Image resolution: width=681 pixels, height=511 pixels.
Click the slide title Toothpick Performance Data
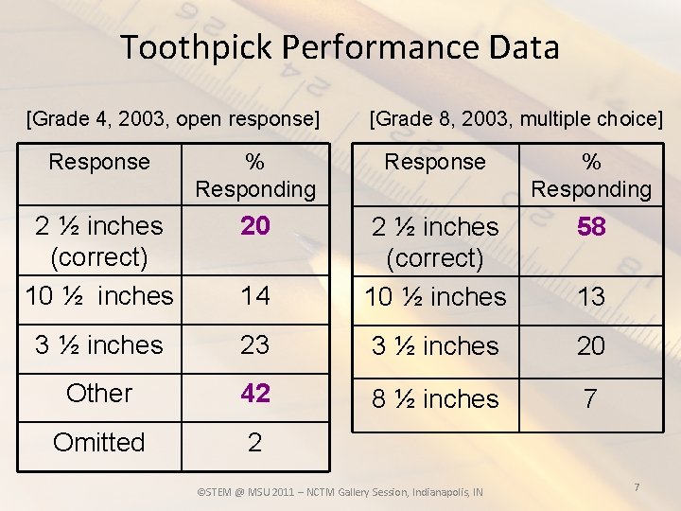coord(340,47)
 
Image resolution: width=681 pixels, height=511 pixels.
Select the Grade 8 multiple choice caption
coord(515,119)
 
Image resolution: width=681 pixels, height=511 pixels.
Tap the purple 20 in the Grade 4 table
coord(254,226)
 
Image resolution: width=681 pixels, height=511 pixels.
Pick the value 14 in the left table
coord(254,296)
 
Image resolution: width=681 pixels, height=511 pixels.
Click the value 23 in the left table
coord(254,345)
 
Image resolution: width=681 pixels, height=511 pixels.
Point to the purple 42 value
coord(254,394)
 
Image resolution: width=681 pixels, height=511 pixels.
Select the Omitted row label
coord(99,443)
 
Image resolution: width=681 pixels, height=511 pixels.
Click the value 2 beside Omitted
coord(254,443)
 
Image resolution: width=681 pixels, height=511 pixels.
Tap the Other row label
coord(99,394)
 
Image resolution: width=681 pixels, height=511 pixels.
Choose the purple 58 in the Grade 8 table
coord(591,227)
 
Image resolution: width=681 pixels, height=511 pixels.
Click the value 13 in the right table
coord(591,297)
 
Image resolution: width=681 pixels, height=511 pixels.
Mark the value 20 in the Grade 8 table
coord(591,346)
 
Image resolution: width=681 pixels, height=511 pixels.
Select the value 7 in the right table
coord(591,399)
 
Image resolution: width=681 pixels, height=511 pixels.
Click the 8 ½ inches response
coord(435,399)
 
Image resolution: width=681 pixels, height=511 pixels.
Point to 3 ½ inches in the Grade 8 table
coord(435,346)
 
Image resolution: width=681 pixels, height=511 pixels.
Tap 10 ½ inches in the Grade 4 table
coord(99,296)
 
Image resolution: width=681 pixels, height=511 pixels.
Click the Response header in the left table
coord(99,162)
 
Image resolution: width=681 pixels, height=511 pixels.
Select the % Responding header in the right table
coord(591,175)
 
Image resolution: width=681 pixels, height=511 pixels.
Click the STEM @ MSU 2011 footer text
coord(339,492)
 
